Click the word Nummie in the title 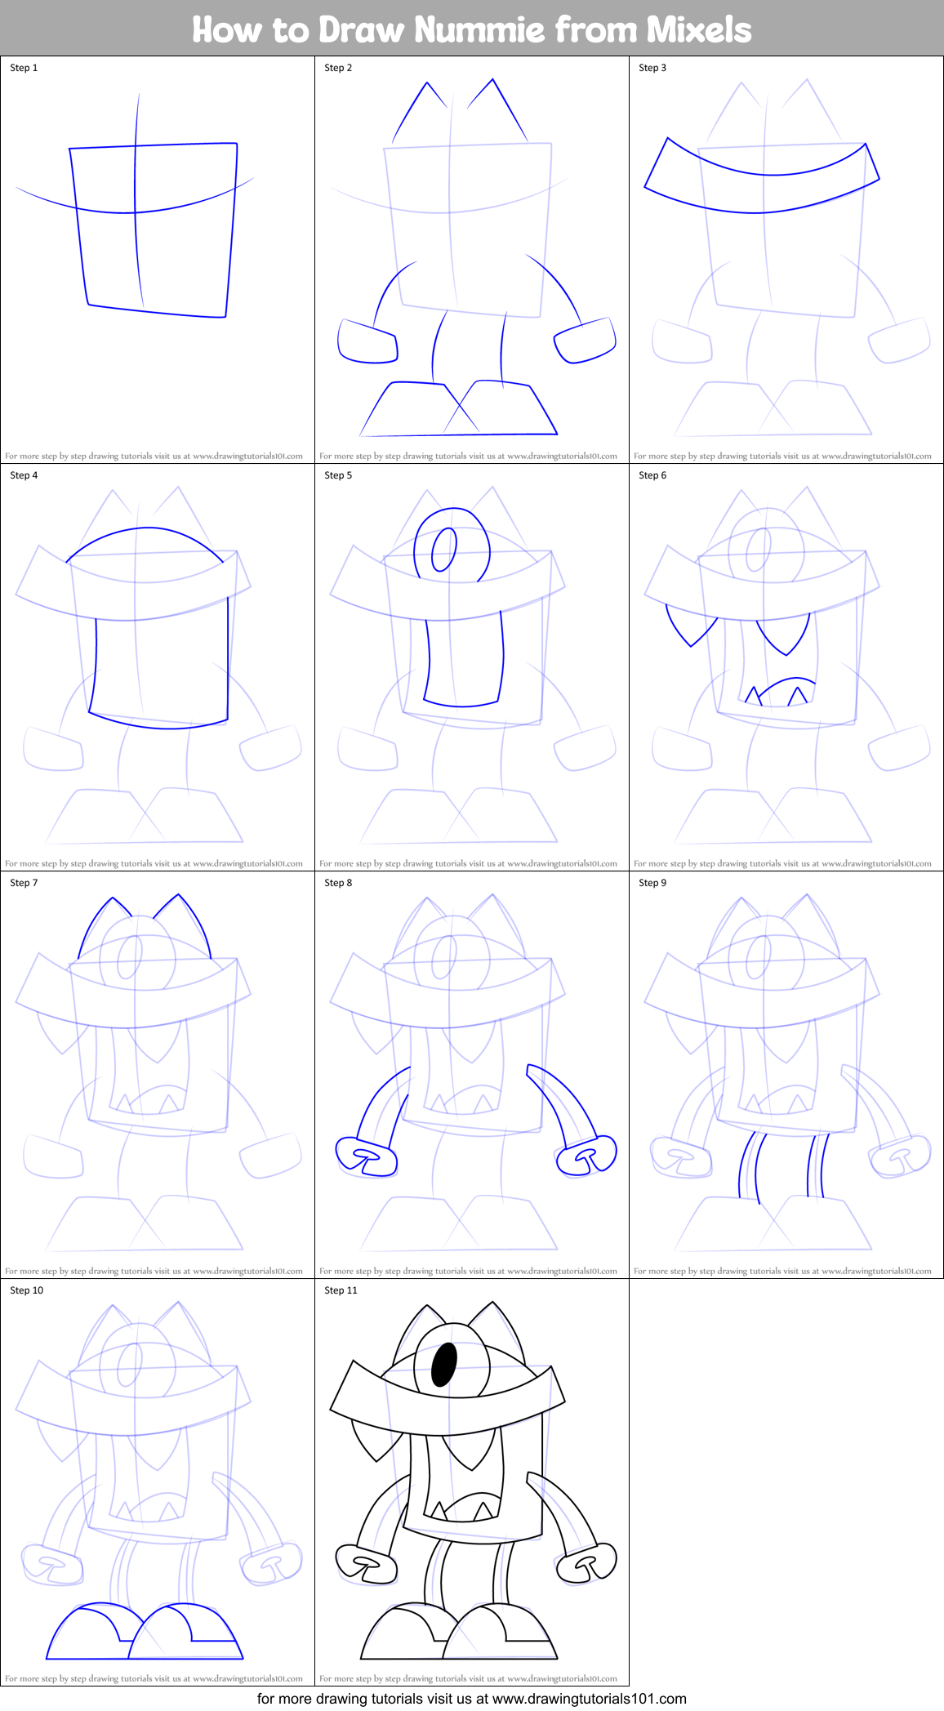coord(479,30)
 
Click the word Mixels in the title coord(699,30)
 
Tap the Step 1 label coord(24,68)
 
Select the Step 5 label coord(338,475)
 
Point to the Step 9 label coord(652,883)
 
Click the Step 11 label coord(341,1290)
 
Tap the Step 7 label coord(24,883)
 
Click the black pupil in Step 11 coord(443,1365)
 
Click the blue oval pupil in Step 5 coord(443,550)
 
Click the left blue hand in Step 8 coord(367,1156)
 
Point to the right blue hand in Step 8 coord(586,1155)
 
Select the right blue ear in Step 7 coord(186,923)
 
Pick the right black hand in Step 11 coord(586,1562)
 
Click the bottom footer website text coord(471,1699)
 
